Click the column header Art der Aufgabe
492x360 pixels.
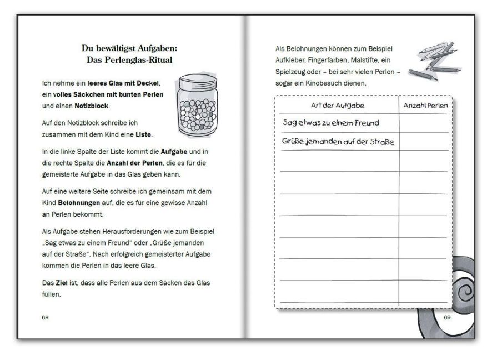[337, 106]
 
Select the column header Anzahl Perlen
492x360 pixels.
[423, 106]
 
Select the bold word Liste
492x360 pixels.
[143, 135]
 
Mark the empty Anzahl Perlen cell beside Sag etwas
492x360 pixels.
[423, 123]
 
